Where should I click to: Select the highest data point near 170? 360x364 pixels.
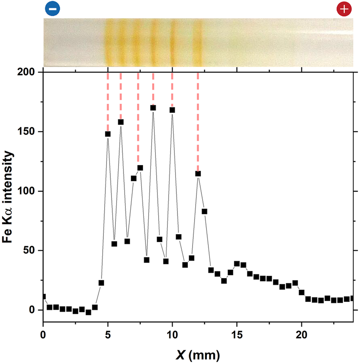click(x=153, y=108)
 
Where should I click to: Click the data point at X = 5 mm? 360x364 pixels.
click(x=108, y=134)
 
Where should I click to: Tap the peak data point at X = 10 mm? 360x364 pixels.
click(x=172, y=110)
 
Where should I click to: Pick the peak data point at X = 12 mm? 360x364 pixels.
click(x=198, y=173)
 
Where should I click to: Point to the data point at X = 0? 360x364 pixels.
click(x=44, y=297)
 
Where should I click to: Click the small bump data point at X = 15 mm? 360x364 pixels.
click(x=237, y=264)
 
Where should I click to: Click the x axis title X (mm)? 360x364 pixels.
click(x=198, y=354)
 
